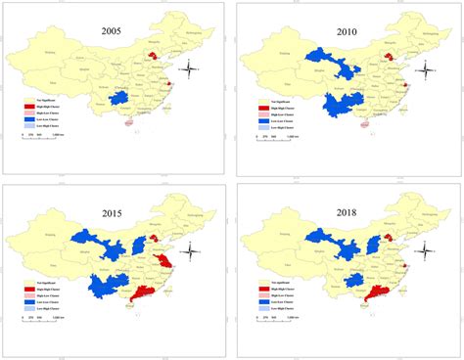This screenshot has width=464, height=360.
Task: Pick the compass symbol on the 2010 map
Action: point(428,69)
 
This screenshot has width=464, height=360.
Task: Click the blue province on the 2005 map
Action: point(118,99)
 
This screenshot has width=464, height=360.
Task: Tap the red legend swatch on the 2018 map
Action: point(262,290)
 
